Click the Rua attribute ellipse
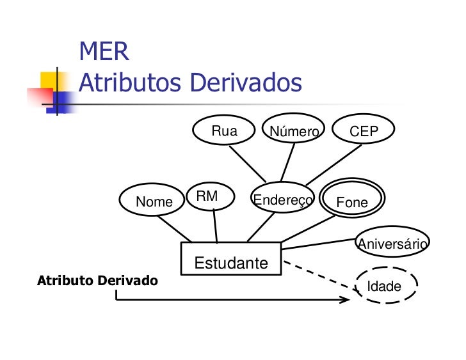pyautogui.click(x=224, y=132)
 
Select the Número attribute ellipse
pyautogui.click(x=294, y=132)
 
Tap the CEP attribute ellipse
pyautogui.click(x=364, y=132)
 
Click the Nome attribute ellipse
pyautogui.click(x=154, y=202)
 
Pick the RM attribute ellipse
pyautogui.click(x=207, y=196)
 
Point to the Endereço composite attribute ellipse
pyautogui.click(x=282, y=200)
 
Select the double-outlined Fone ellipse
pyautogui.click(x=352, y=202)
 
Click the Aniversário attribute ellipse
pyautogui.click(x=392, y=243)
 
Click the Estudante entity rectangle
pyautogui.click(x=231, y=259)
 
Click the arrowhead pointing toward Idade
pyautogui.click(x=346, y=299)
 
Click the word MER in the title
pyautogui.click(x=104, y=52)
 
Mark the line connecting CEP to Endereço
pyautogui.click(x=333, y=165)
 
